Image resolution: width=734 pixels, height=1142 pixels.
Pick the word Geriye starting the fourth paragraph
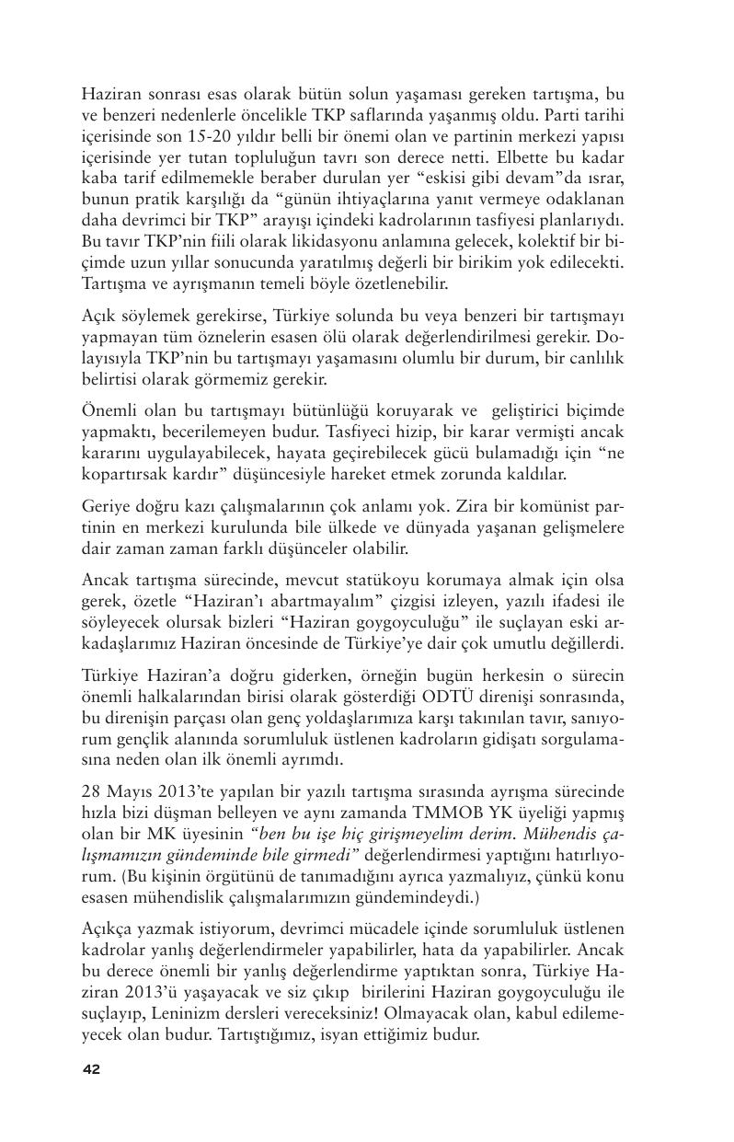click(x=107, y=507)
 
